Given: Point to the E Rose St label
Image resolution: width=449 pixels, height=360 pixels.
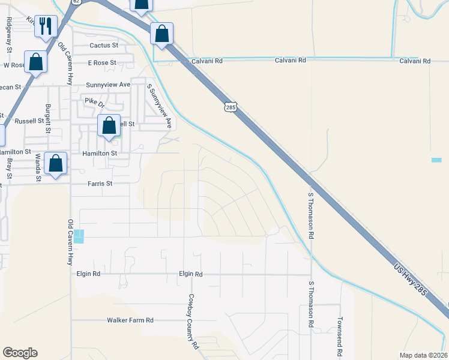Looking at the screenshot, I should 101,62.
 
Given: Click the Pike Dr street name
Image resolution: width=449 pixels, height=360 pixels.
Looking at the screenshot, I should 94,101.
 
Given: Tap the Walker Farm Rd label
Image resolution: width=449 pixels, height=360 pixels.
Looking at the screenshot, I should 130,320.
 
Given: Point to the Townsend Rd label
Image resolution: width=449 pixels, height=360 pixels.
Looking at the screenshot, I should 340,329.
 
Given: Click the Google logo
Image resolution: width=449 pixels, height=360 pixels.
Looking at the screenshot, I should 20,353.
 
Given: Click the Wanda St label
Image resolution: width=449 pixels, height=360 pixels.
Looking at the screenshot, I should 38,167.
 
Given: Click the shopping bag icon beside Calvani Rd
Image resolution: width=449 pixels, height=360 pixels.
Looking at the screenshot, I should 161,34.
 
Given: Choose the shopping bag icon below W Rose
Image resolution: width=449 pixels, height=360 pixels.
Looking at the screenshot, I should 36,62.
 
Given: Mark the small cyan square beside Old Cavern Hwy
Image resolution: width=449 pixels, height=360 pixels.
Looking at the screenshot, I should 80,236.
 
